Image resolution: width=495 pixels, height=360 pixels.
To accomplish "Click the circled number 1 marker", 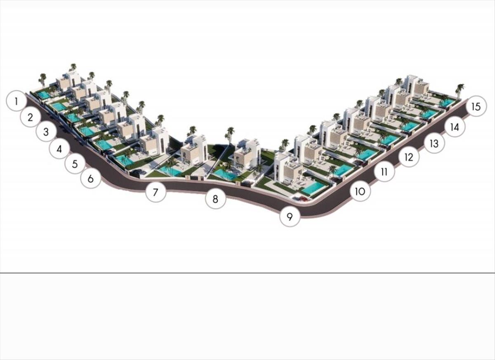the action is pos(16,101).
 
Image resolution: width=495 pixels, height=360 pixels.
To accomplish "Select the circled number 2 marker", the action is pos(31,117).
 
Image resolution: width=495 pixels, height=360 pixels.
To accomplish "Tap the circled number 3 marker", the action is pos(46,132).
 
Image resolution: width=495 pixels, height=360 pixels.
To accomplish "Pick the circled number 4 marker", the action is pos(59,149).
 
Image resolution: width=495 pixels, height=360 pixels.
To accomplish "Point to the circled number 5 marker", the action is pos(75,164).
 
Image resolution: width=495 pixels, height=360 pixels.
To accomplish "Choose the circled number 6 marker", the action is pos(91,179).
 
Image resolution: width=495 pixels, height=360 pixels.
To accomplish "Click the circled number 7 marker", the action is pos(156,192).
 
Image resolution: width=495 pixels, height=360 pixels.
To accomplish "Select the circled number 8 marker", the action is pos(215,199).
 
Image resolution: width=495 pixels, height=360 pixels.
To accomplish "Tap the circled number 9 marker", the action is pos(290,216).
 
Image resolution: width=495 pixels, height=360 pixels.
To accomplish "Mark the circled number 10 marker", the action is pos(360,191).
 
